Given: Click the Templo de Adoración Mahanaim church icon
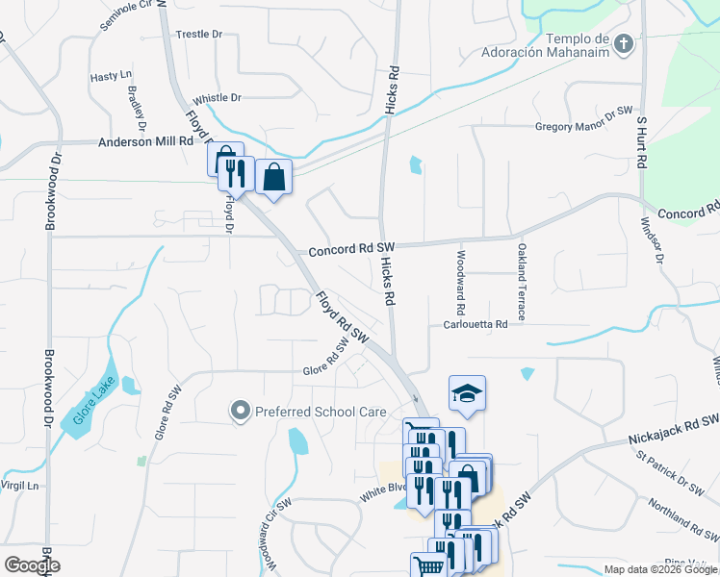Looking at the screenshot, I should (625, 43).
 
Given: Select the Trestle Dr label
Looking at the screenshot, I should (199, 35).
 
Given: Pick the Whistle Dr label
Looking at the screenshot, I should (217, 98).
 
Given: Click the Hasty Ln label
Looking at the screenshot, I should (110, 76).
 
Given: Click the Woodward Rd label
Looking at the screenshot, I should (461, 286).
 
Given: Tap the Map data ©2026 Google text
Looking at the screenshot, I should (660, 569).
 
